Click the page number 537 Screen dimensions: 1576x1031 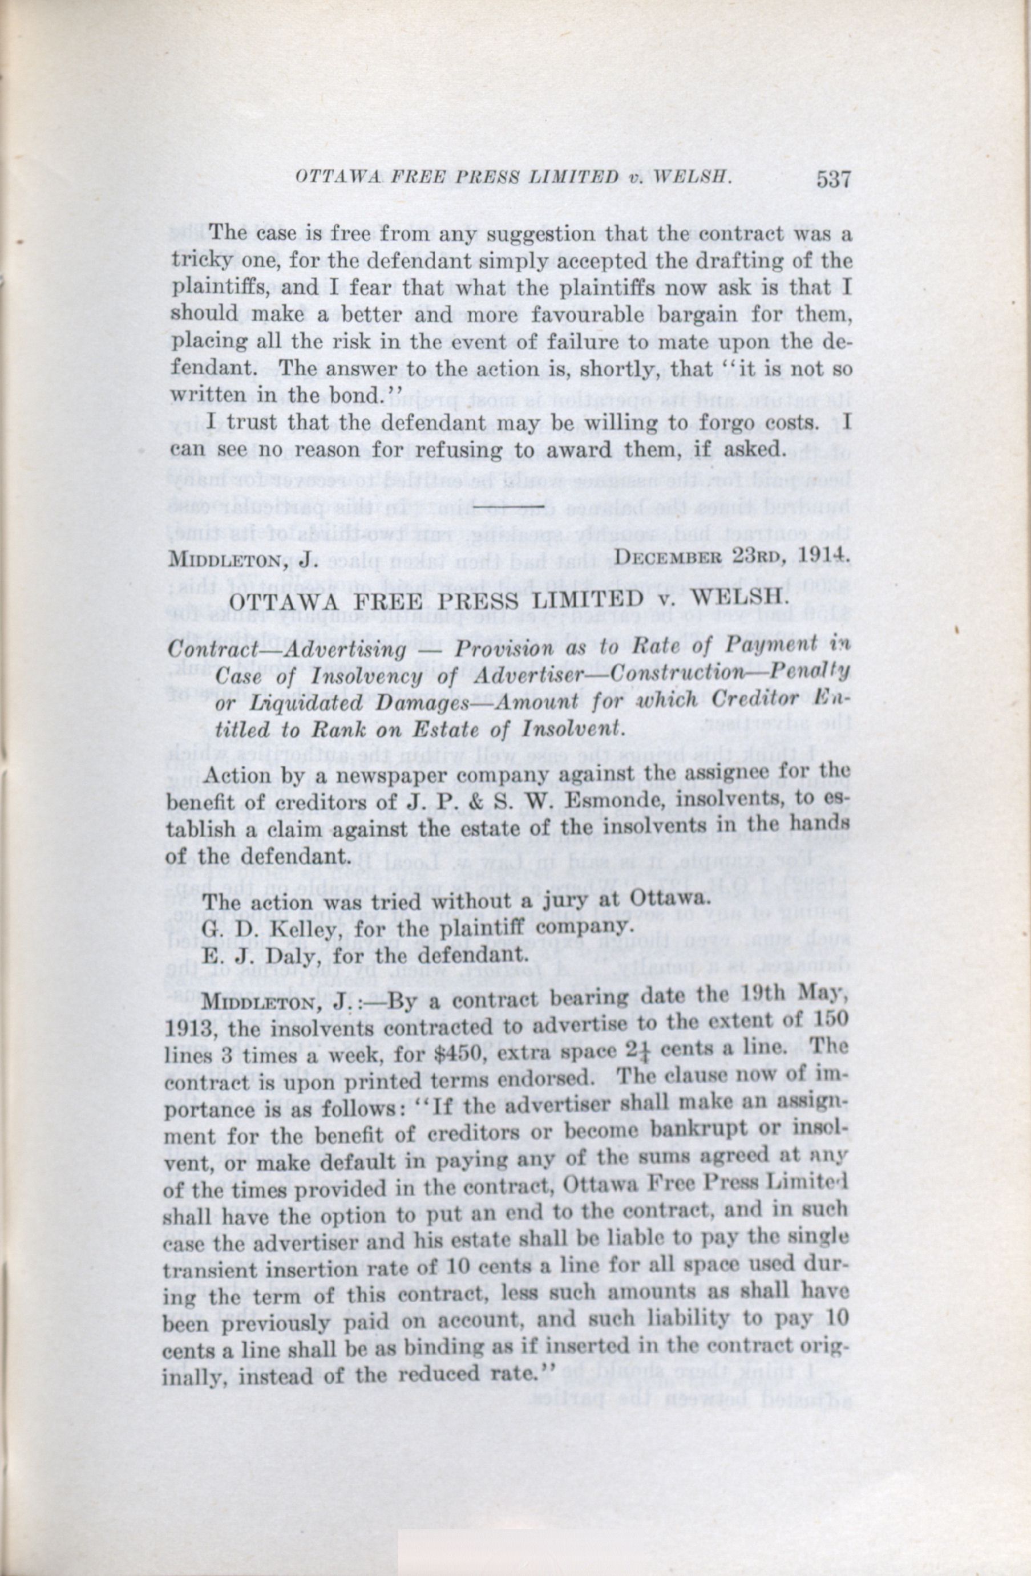click(833, 180)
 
